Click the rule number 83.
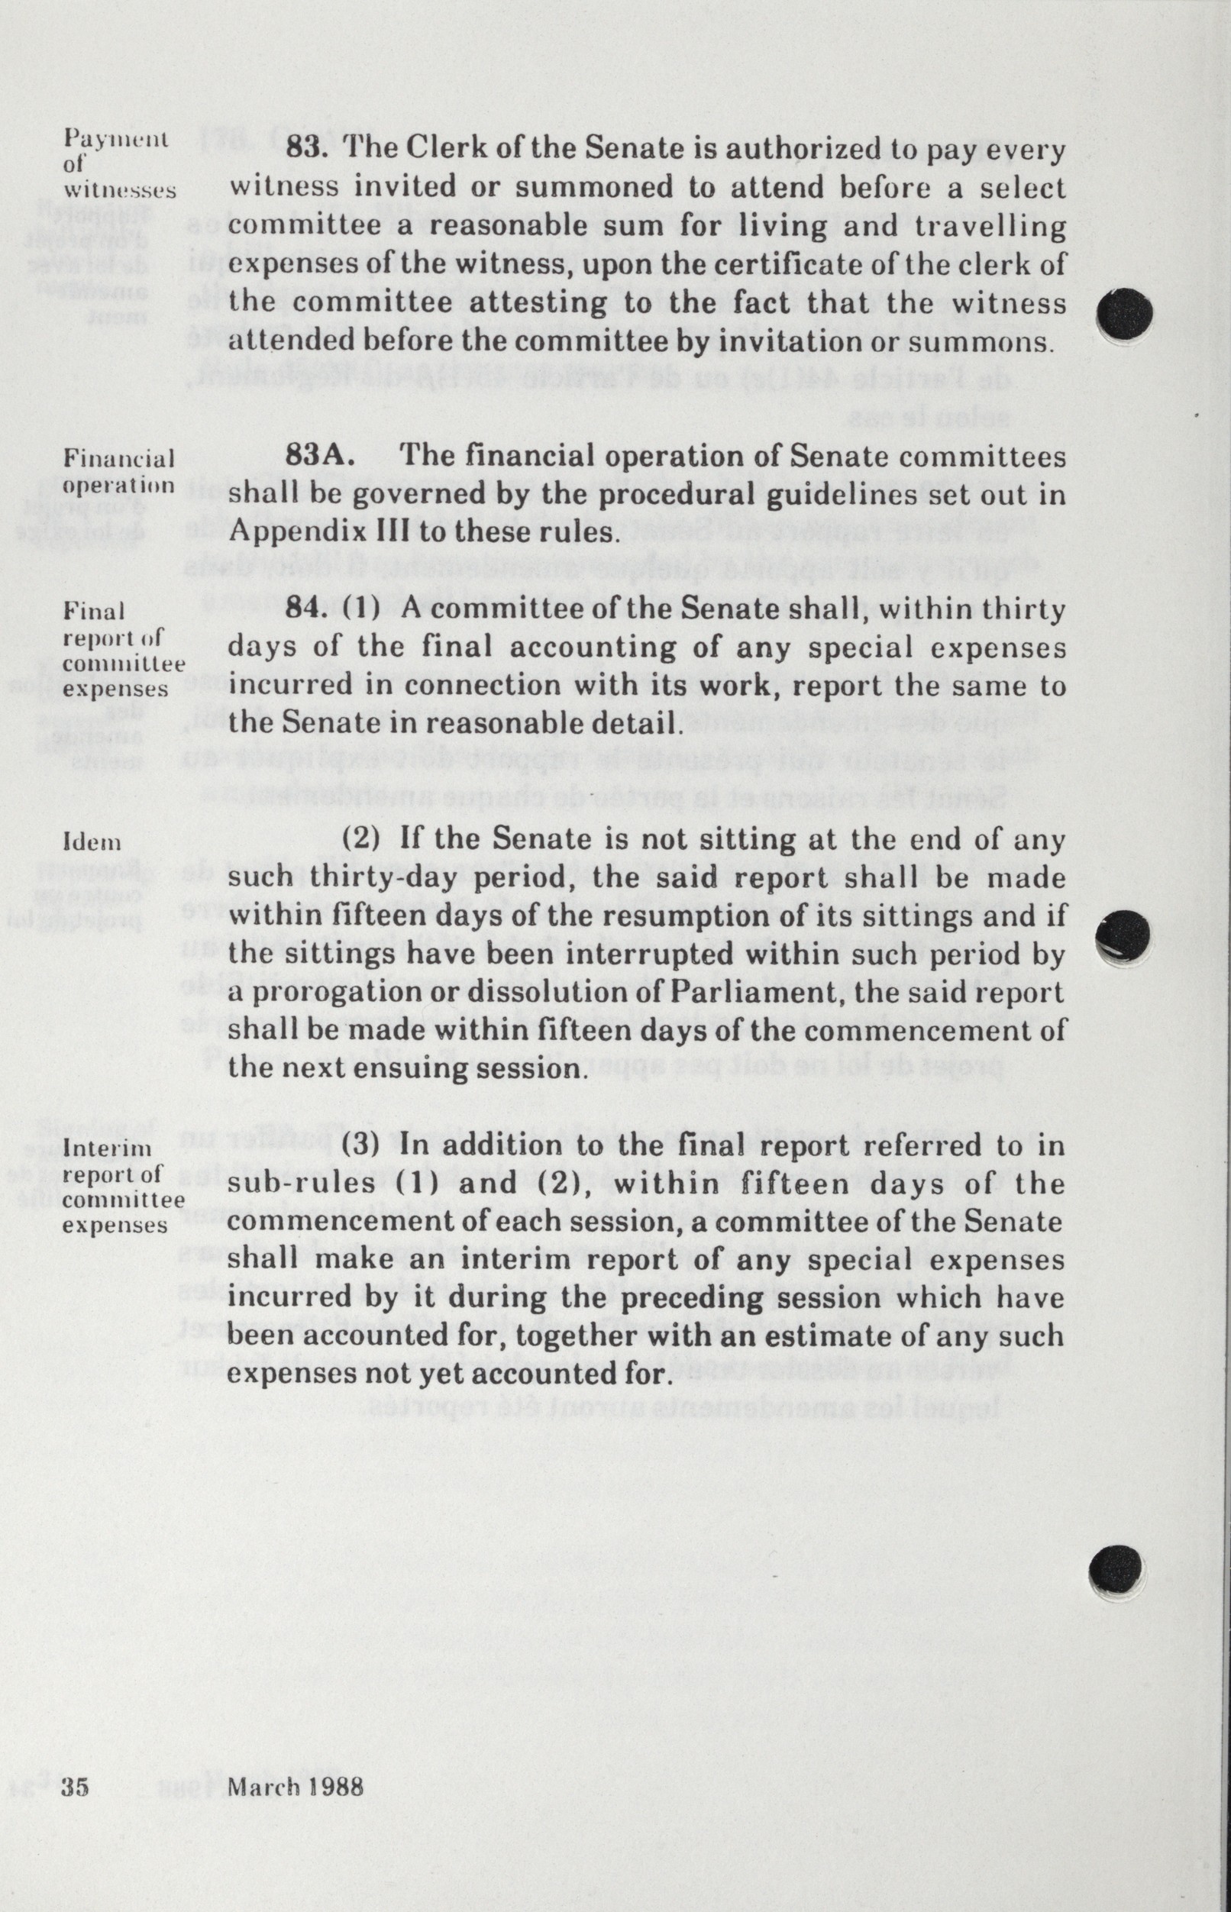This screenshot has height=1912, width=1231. [x=306, y=150]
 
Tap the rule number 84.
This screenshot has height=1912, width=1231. [x=306, y=610]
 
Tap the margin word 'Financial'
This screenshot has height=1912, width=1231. [x=118, y=459]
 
